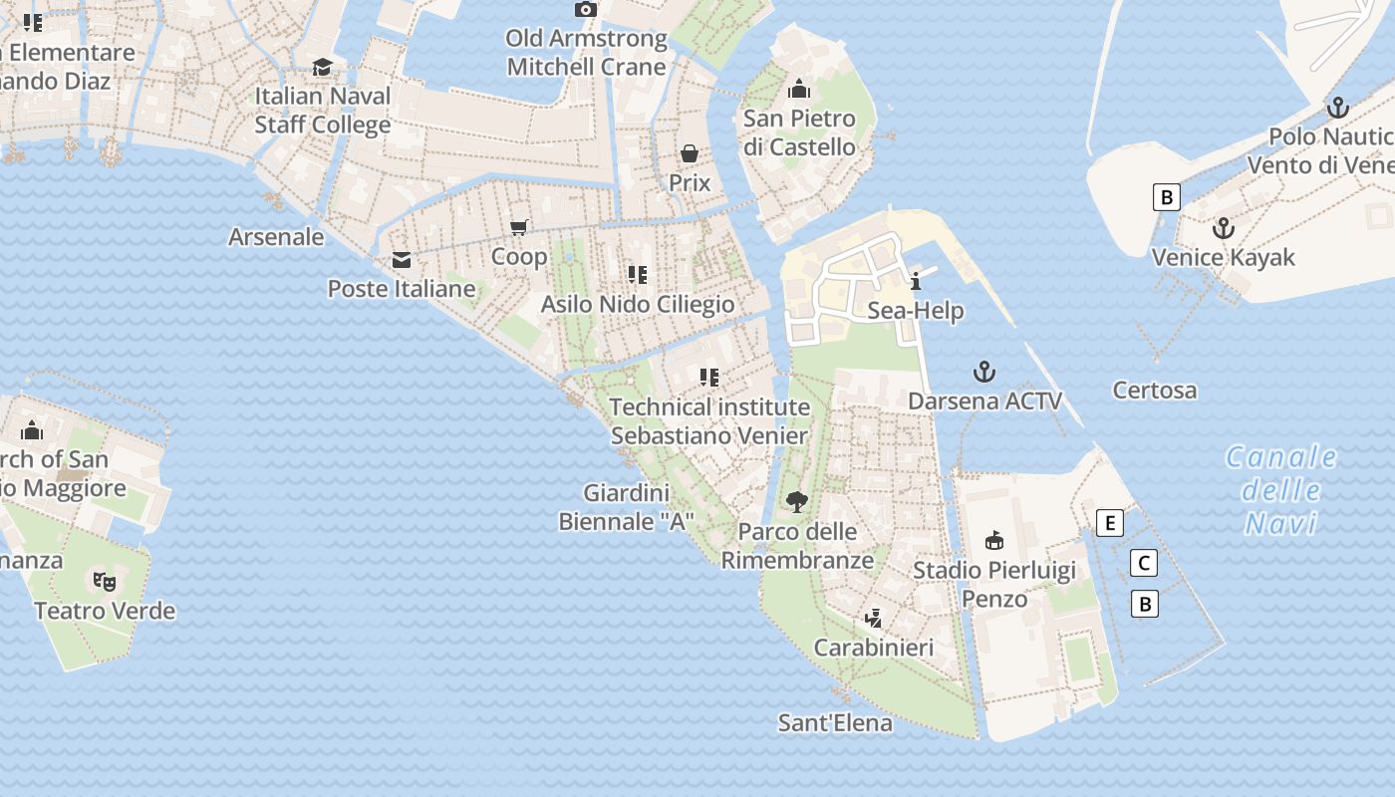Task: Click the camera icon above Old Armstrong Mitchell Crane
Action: pos(586,10)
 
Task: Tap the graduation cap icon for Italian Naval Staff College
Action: pos(322,67)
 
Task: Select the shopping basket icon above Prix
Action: pos(689,153)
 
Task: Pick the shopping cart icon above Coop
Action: pos(518,228)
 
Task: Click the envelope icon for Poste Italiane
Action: pos(402,260)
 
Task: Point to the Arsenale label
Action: pos(276,237)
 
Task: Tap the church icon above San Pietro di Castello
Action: pos(799,90)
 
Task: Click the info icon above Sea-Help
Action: pos(915,281)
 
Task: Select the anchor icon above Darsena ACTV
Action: pos(984,373)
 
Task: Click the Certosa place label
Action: pos(1155,390)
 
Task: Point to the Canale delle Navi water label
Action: pos(1280,489)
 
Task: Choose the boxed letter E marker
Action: pos(1109,522)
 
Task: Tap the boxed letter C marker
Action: pos(1145,563)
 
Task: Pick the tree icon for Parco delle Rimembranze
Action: pos(796,501)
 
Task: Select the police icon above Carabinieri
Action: pos(874,619)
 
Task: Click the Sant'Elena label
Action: pos(835,722)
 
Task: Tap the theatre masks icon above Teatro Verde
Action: pos(105,581)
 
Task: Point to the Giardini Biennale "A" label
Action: pos(626,507)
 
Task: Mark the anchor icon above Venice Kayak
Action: pos(1223,228)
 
